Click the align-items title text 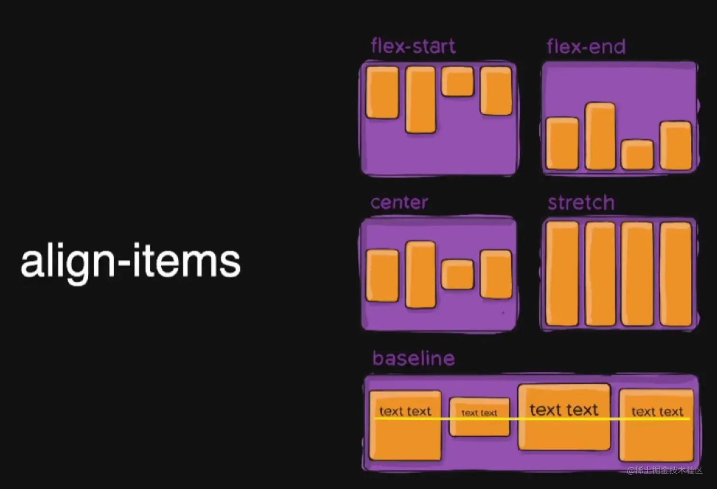click(130, 261)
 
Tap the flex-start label click(413, 46)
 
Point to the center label click(399, 203)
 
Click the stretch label click(581, 203)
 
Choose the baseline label click(414, 359)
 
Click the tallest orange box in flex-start click(421, 100)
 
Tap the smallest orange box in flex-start click(458, 82)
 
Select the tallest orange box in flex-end click(600, 136)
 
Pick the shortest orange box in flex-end click(637, 155)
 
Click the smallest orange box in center click(458, 274)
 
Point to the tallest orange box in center click(421, 275)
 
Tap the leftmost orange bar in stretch click(562, 274)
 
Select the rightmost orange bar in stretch click(676, 274)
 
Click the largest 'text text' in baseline click(564, 410)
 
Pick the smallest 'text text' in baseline click(479, 413)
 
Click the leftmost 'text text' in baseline click(405, 411)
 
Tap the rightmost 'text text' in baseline click(657, 412)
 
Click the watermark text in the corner click(665, 470)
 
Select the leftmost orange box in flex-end click(562, 144)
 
